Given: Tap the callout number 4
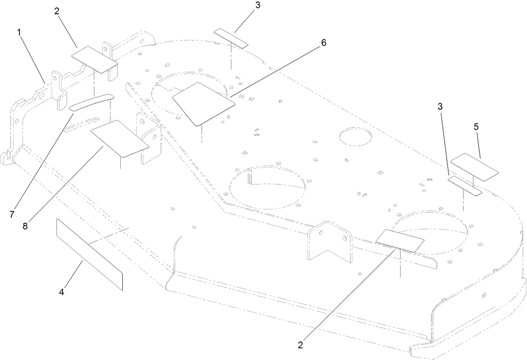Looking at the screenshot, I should pyautogui.click(x=61, y=292).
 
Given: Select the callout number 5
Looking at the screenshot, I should pyautogui.click(x=476, y=126).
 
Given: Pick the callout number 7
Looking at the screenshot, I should pyautogui.click(x=12, y=214).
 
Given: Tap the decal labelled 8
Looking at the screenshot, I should pyautogui.click(x=120, y=139).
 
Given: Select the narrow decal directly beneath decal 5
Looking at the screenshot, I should pyautogui.click(x=464, y=185).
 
